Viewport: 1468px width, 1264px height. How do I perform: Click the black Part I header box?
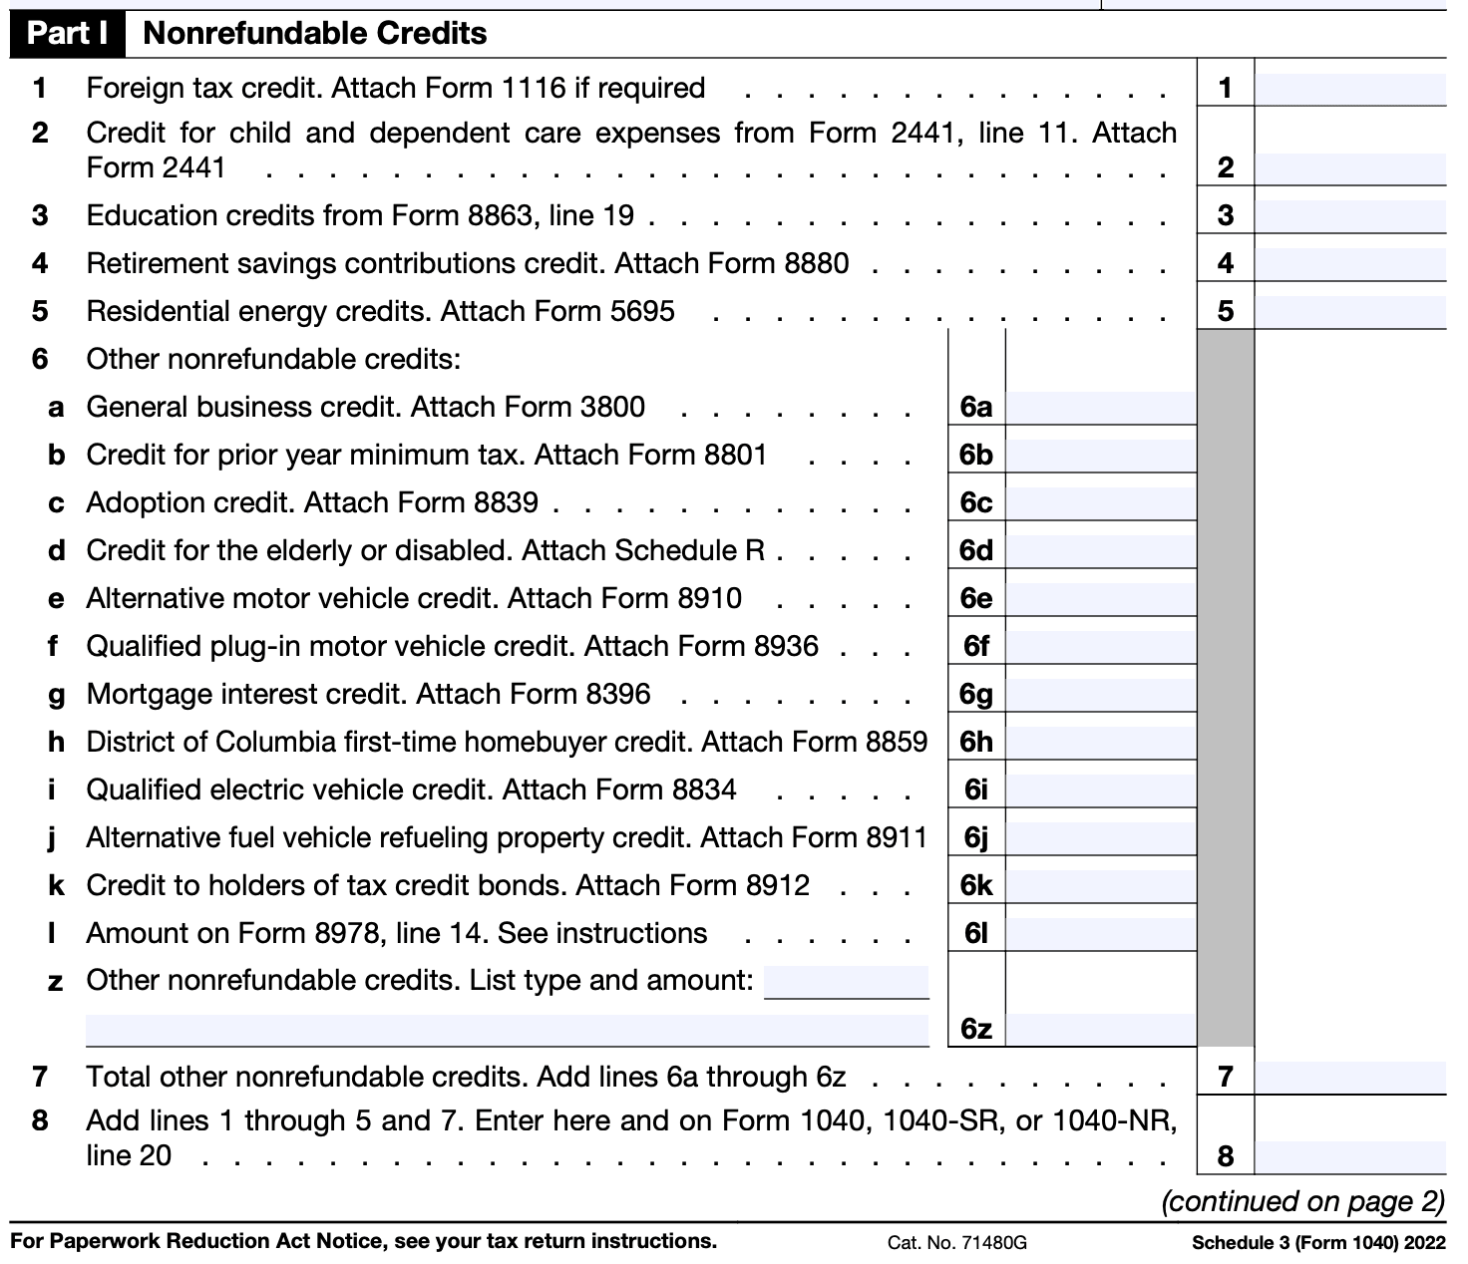pos(67,34)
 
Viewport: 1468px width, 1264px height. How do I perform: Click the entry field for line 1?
pos(1349,89)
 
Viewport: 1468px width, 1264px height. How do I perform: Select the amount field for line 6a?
pos(1100,408)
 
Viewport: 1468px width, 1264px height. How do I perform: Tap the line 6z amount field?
pos(1100,1029)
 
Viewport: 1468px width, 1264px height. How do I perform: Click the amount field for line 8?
pos(1349,1156)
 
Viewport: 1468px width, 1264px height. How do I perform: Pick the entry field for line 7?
pos(1349,1078)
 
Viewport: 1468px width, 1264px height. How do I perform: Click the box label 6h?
pos(976,743)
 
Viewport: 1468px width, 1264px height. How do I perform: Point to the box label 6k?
pos(976,886)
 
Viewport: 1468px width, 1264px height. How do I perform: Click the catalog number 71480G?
pos(991,1243)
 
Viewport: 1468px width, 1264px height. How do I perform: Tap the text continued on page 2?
pos(1302,1202)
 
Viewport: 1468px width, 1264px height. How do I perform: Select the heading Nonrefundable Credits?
pos(315,34)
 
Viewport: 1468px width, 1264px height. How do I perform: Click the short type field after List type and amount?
pos(846,982)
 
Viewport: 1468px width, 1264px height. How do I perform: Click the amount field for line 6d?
pos(1100,551)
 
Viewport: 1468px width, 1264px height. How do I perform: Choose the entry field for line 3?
pos(1349,216)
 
